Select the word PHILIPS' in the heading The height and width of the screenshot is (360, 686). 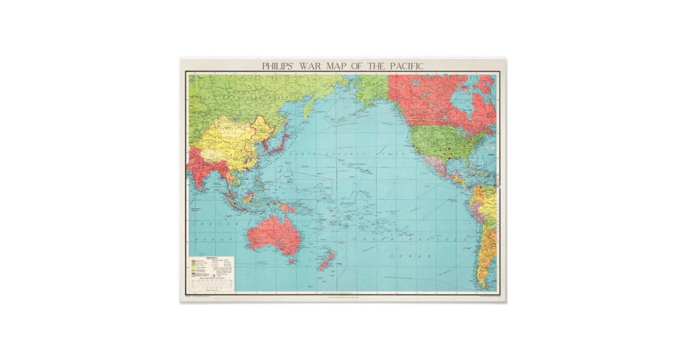pyautogui.click(x=280, y=66)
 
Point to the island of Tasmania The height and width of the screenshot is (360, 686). pyautogui.click(x=292, y=261)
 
